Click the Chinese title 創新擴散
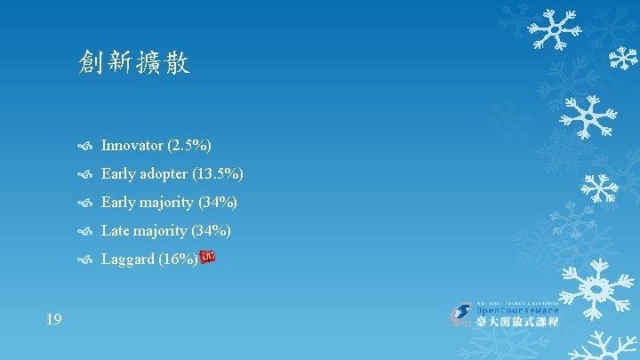pos(133,62)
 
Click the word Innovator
pos(132,145)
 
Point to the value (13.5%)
pos(222,173)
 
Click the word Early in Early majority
pos(117,202)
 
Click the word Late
pos(116,230)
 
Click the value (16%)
pos(180,260)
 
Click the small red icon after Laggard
pos(208,258)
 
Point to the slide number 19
pos(53,318)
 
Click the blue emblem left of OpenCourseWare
pos(461,314)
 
